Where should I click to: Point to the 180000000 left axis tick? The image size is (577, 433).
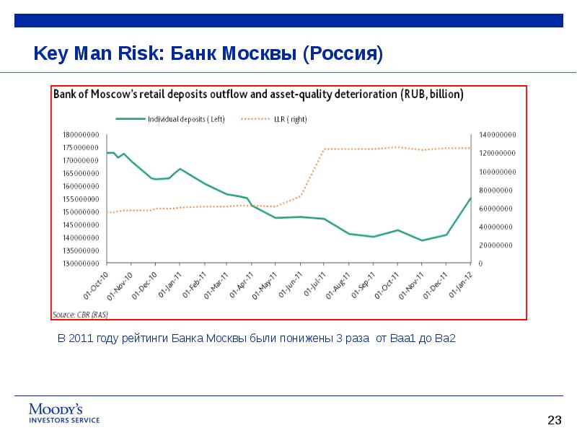click(x=80, y=135)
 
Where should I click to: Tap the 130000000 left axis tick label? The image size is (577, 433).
click(x=80, y=263)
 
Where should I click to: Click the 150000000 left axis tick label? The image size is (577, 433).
click(x=80, y=212)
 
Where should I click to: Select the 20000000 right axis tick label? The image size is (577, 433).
click(x=495, y=245)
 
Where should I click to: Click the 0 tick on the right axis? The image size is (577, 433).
click(x=480, y=263)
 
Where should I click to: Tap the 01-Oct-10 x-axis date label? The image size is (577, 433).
click(x=97, y=284)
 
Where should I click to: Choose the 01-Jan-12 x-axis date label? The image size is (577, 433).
click(x=459, y=284)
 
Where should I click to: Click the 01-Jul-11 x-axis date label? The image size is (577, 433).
click(x=314, y=284)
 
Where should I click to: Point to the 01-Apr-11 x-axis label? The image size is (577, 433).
click(x=242, y=284)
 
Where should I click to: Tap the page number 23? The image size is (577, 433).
click(x=554, y=420)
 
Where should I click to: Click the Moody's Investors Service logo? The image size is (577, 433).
click(x=63, y=413)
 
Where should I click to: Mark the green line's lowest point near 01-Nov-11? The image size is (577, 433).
click(x=422, y=240)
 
